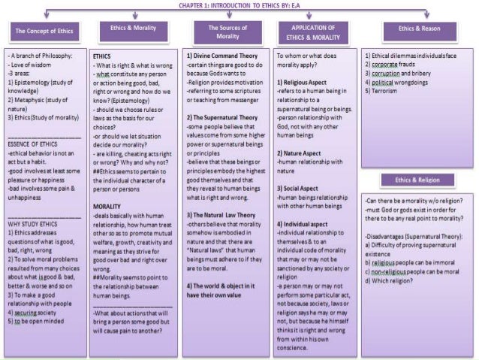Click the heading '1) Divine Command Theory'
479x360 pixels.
coord(222,56)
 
